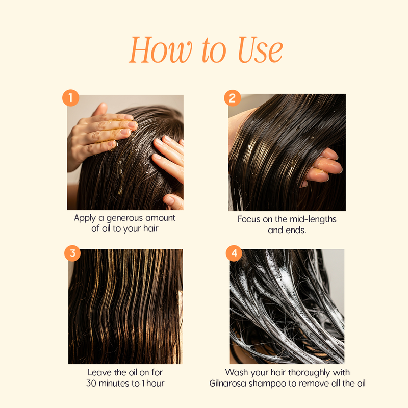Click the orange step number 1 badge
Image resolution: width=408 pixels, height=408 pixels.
click(x=70, y=98)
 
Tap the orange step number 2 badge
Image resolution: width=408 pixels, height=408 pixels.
click(x=233, y=98)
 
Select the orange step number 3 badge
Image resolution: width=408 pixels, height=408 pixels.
click(x=72, y=253)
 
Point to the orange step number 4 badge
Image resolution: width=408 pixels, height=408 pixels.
click(x=234, y=253)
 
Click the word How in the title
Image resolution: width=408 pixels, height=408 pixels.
click(x=161, y=50)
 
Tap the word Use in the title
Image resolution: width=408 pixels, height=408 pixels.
click(x=260, y=50)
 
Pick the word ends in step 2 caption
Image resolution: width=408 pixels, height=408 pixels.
click(x=296, y=230)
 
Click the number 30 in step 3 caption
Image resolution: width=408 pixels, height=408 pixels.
click(x=91, y=384)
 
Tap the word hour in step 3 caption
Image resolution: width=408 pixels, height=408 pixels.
click(x=156, y=384)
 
